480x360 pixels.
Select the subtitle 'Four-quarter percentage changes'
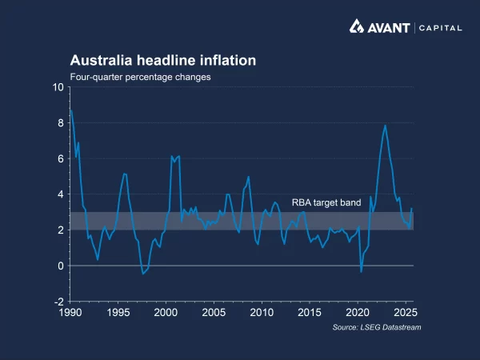point(140,77)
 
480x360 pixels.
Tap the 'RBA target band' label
point(326,203)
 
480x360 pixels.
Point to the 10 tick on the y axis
point(58,87)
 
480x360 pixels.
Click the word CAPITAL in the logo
point(441,28)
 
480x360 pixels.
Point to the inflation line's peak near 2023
point(386,126)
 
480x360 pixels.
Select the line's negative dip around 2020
point(362,272)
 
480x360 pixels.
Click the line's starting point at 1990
point(70,110)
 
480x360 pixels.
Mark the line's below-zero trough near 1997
point(142,274)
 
